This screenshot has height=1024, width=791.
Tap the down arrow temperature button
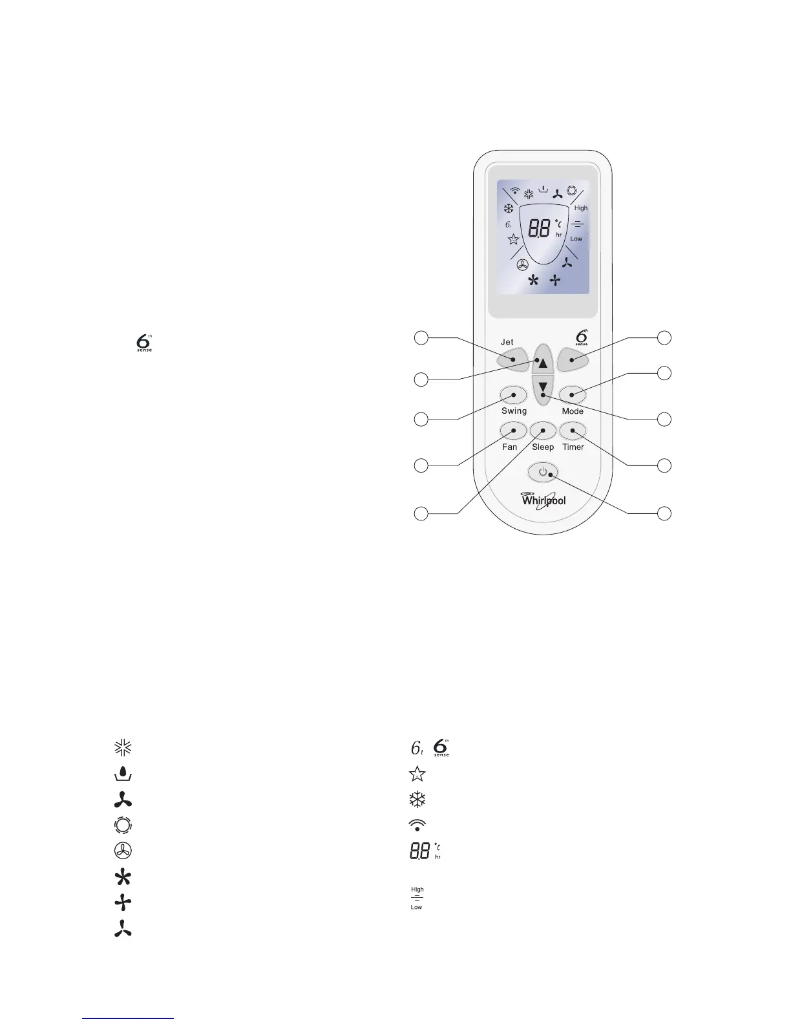point(543,387)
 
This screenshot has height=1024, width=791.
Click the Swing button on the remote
point(514,394)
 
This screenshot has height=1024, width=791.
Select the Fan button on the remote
point(514,431)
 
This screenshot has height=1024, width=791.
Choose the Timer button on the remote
point(573,431)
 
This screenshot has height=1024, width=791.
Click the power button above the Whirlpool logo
point(543,473)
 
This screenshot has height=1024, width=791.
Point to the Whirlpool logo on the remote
point(543,500)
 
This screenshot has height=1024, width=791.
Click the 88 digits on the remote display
point(540,228)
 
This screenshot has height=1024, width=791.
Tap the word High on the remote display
point(581,208)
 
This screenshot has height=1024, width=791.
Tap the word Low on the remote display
point(576,239)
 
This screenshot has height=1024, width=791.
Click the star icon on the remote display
point(513,240)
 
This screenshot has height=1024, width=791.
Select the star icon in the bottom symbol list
point(417,773)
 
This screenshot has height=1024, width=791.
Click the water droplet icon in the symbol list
point(123,773)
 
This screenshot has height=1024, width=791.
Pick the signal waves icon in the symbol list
point(417,824)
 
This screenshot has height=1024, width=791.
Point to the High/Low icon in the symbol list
point(417,898)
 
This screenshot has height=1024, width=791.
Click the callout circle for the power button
point(664,514)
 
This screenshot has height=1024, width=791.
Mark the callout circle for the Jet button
point(421,337)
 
